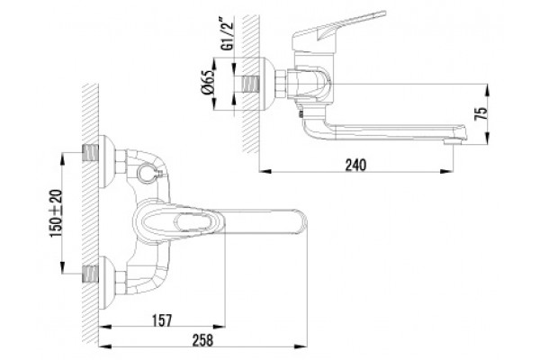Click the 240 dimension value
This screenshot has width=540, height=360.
[355, 165]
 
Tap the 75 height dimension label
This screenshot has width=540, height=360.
[481, 113]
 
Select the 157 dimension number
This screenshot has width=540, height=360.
[162, 320]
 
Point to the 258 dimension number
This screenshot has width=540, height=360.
[202, 340]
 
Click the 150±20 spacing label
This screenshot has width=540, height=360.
[56, 213]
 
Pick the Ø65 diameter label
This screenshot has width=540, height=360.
[208, 82]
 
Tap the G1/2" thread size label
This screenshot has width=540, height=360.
[228, 34]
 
